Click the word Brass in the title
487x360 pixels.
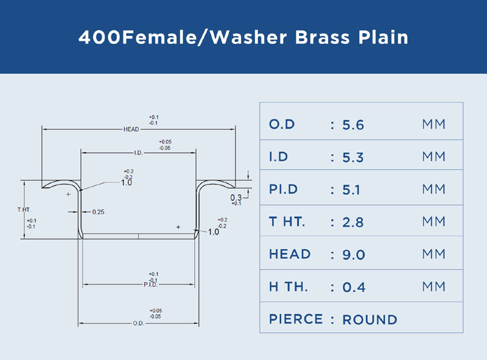tap(323, 37)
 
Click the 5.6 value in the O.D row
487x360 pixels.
tap(353, 125)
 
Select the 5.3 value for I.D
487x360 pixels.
tap(353, 158)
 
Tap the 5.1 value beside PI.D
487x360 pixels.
tap(351, 190)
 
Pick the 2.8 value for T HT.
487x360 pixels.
tap(353, 222)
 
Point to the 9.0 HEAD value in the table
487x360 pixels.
tap(354, 255)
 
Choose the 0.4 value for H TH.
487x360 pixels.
tap(354, 288)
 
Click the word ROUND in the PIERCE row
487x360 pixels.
tap(370, 320)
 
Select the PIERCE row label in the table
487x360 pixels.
tap(296, 319)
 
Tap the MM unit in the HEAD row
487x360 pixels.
tap(433, 254)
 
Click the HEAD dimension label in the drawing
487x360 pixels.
tap(131, 129)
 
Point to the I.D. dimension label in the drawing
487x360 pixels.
tap(138, 153)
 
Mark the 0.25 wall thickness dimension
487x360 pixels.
tap(98, 212)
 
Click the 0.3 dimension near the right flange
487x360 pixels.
tap(236, 198)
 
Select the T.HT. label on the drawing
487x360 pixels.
tap(24, 210)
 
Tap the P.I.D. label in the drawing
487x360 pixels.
tap(150, 284)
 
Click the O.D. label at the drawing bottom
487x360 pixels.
tap(138, 323)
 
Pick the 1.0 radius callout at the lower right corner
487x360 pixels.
tap(214, 232)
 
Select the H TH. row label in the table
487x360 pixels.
tap(289, 287)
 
